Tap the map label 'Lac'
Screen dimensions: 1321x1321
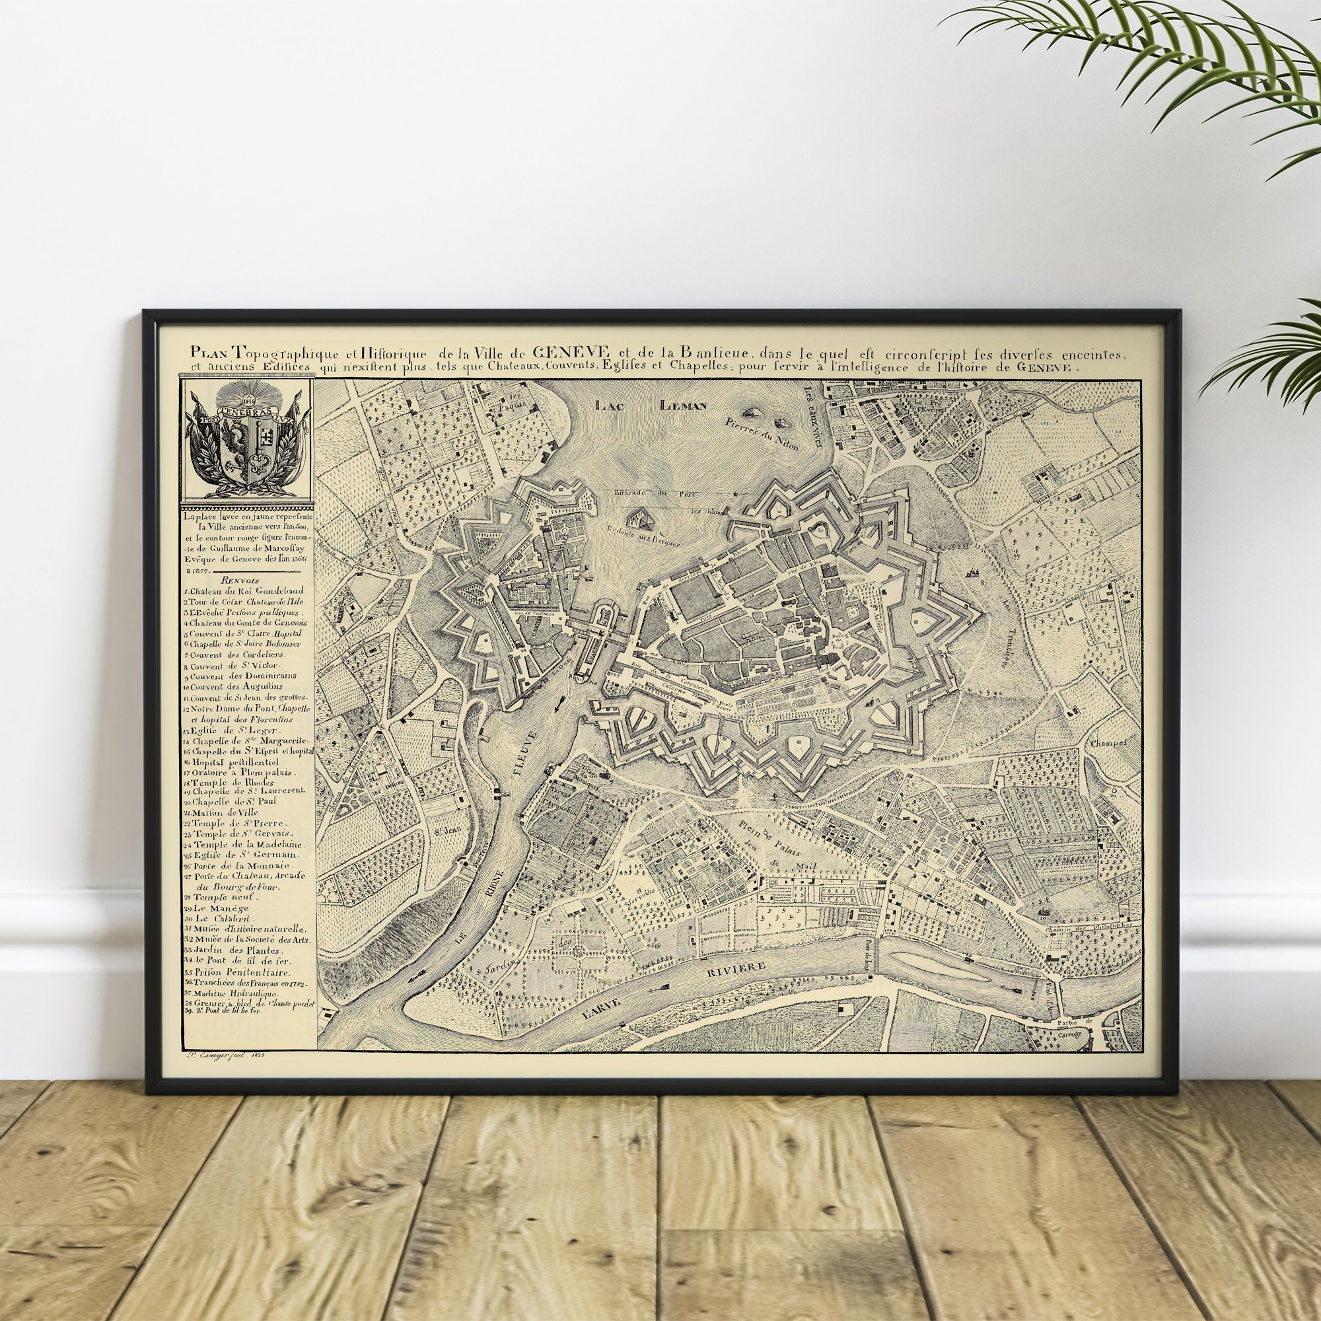[608, 405]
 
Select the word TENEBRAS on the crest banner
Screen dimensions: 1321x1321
[246, 413]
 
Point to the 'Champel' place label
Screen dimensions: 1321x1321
[1105, 742]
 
